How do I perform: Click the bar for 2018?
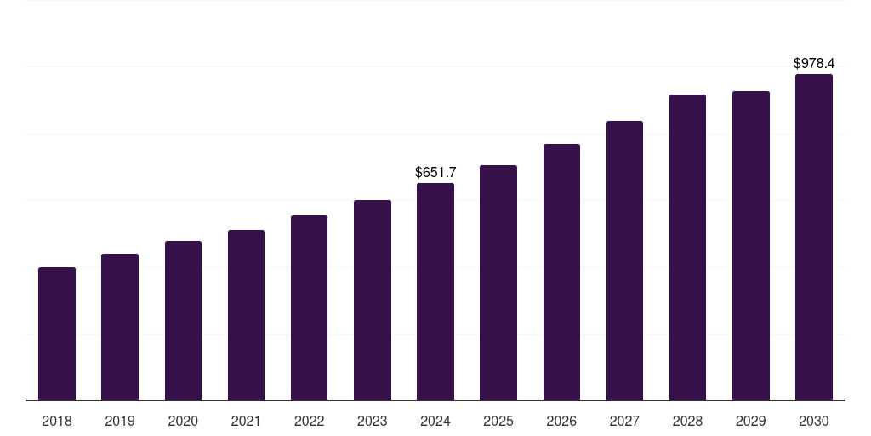point(57,334)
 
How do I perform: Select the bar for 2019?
point(120,327)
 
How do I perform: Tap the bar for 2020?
point(183,321)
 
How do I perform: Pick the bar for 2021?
point(246,315)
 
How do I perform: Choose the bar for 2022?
point(309,308)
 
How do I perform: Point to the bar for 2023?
point(373,301)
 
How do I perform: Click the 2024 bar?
point(435,292)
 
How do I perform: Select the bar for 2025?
point(498,283)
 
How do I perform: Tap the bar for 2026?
point(561,272)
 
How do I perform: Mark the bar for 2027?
point(624,261)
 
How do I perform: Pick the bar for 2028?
point(687,248)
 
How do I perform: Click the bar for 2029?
point(751,246)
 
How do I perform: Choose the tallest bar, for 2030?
point(814,238)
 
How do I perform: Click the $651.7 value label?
point(435,173)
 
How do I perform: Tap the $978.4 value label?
point(814,64)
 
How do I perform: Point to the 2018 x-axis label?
point(57,421)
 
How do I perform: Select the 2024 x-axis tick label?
point(435,421)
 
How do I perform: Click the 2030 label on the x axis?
point(814,421)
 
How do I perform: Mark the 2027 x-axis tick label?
point(624,421)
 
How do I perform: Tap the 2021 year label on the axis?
point(246,421)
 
